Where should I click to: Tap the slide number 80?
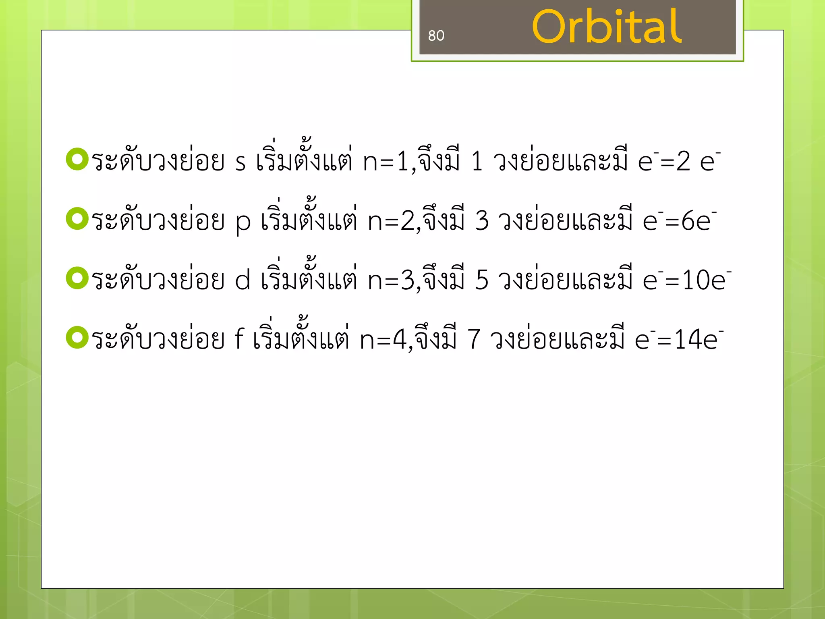coord(436,36)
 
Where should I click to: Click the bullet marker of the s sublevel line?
coord(77,159)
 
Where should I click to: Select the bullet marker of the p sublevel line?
coord(77,218)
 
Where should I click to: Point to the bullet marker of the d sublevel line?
coord(77,278)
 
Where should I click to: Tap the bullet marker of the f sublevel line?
coord(77,337)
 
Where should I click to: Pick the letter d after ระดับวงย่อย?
coord(243,280)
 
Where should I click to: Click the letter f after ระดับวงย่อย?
coord(239,339)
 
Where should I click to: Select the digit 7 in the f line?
coord(474,339)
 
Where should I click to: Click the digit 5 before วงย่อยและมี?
coord(482,280)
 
